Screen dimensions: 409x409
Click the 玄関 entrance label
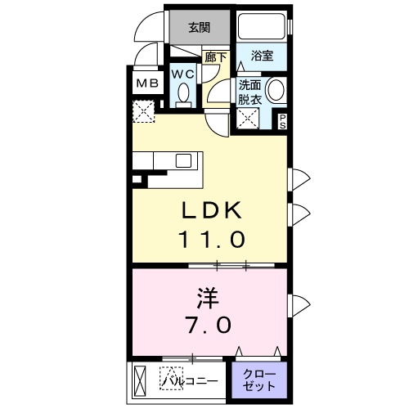[x=199, y=27]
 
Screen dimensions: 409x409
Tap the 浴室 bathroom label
[x=262, y=56]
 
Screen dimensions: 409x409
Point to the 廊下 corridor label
[x=216, y=57]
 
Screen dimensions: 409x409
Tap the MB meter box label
[x=146, y=83]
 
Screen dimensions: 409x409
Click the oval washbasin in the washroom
[x=276, y=92]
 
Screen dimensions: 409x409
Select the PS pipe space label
[x=283, y=122]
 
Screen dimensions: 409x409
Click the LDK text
[x=211, y=210]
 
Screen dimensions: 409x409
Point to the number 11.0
[x=211, y=240]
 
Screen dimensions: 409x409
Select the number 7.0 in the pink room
[x=208, y=324]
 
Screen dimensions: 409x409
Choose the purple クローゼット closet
[x=260, y=380]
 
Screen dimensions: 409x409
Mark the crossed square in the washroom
[x=248, y=119]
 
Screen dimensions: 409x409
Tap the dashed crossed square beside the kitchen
[x=144, y=110]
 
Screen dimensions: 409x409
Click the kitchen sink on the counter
[x=182, y=160]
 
